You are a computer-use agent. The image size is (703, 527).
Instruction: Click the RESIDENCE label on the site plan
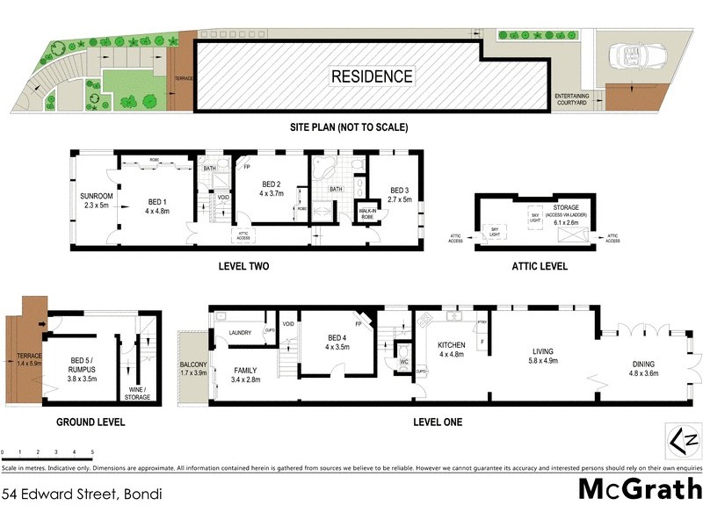372,76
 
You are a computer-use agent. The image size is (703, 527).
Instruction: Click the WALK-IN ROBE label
367,213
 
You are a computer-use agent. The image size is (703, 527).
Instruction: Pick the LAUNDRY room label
240,333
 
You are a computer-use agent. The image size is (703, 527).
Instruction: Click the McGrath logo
640,489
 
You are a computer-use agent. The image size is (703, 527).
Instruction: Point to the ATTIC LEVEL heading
540,265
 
